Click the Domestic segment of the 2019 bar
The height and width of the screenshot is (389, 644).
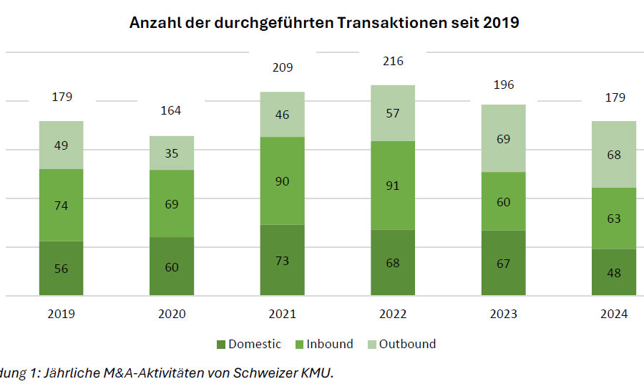(x=61, y=268)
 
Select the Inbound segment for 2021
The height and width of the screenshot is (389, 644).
(x=282, y=181)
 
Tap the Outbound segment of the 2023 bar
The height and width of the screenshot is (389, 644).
(x=503, y=138)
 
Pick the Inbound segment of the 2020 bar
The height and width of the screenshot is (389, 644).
(x=172, y=203)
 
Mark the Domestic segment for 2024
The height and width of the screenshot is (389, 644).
(x=614, y=272)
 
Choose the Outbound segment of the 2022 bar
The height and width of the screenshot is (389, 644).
(x=393, y=112)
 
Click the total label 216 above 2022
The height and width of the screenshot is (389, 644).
(x=393, y=62)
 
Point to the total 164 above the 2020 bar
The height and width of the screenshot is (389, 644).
(x=171, y=110)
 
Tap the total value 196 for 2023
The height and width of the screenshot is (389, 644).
(x=503, y=85)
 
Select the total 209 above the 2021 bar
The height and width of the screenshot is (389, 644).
(x=282, y=68)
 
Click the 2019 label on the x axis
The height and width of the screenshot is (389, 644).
(x=61, y=314)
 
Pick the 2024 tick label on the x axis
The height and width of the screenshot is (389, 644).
(x=614, y=314)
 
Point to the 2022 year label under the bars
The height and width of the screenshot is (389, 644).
(x=393, y=314)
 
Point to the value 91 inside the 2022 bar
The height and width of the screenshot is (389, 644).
(x=393, y=186)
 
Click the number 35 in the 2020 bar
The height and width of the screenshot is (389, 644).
(x=172, y=153)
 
